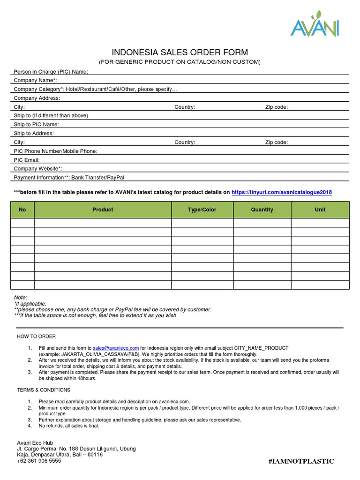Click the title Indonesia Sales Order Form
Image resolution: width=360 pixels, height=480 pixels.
(x=180, y=52)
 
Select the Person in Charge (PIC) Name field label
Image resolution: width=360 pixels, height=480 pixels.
(x=51, y=72)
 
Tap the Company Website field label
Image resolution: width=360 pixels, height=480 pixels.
(x=38, y=169)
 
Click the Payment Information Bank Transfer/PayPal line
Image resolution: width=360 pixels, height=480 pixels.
(x=69, y=178)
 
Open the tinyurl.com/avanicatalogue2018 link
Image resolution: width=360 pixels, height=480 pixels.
(x=282, y=193)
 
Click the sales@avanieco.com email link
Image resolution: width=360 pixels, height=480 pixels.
(x=116, y=348)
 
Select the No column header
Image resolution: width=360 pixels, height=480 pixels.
(x=22, y=210)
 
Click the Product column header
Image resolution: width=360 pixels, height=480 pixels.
(x=103, y=210)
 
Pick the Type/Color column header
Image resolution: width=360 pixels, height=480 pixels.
(x=202, y=210)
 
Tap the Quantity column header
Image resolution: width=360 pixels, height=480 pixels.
(x=262, y=210)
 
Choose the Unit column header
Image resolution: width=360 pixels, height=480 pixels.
(x=320, y=210)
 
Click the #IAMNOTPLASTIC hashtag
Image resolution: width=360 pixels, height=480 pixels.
(x=301, y=462)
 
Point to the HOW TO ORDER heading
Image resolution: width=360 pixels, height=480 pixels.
(x=37, y=337)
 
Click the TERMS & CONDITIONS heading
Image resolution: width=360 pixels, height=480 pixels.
(x=44, y=390)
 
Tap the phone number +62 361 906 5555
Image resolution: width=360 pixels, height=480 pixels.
(x=39, y=461)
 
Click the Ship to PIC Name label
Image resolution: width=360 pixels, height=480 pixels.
(x=37, y=125)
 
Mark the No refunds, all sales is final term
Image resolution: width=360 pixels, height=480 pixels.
(x=69, y=426)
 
